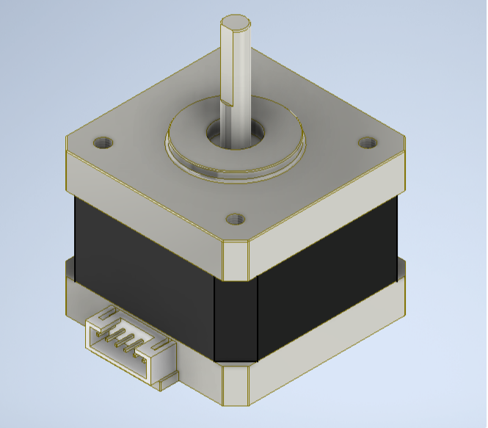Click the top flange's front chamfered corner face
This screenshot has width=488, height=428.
click(236, 261)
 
